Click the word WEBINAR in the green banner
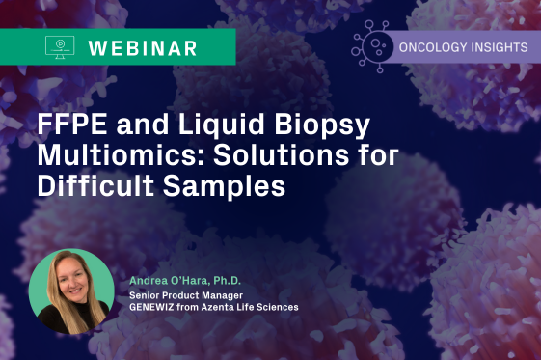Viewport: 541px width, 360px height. tap(143, 46)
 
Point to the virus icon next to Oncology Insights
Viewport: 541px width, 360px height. tap(372, 45)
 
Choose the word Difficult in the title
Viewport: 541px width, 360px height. tap(95, 186)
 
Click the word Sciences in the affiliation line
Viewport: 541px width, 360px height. tap(280, 306)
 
